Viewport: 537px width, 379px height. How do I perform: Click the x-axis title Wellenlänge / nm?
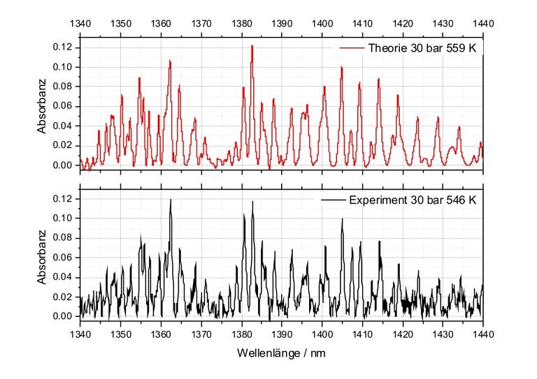(280, 353)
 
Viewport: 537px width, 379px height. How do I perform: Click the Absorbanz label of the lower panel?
(42, 258)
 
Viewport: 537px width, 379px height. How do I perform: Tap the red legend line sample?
(351, 47)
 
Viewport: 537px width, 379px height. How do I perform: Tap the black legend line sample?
(334, 199)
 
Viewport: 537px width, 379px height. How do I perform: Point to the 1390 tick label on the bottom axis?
(282, 334)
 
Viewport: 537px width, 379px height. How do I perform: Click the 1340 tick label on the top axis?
(80, 23)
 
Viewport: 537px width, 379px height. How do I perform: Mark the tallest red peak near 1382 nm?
(251, 46)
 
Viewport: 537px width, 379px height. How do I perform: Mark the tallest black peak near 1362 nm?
(171, 200)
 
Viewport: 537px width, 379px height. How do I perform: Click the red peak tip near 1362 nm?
(170, 61)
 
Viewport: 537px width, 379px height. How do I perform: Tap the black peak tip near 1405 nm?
(342, 219)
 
